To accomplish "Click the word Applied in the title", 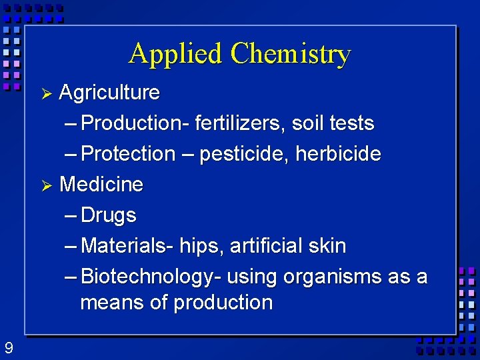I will (176, 54).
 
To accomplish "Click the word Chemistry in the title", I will (290, 54).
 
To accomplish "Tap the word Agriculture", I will (109, 92).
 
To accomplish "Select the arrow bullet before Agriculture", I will (46, 93).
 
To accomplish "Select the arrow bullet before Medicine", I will (46, 185).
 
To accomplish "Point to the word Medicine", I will (101, 184).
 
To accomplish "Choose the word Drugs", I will (108, 215).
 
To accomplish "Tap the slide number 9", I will (8, 348).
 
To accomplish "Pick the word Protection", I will (127, 154).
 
